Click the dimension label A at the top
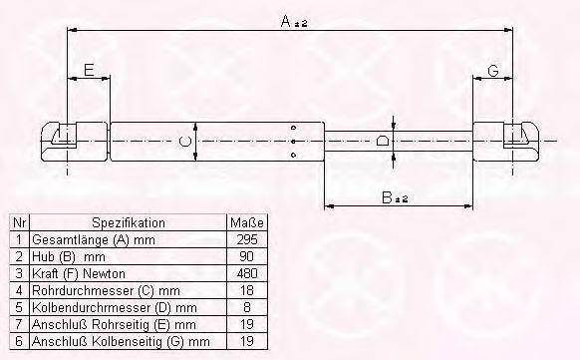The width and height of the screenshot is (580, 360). coord(286,21)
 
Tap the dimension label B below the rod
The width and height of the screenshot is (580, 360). coord(387,197)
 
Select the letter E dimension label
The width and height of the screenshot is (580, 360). coord(89,70)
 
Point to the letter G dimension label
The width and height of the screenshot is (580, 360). coord(493,70)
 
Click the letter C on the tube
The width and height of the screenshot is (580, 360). coord(184,142)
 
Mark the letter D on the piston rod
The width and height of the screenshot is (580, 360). coord(382,141)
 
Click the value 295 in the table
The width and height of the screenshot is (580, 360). coord(247,239)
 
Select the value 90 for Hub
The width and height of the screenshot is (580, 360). coord(247,256)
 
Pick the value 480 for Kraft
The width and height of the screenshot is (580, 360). coord(247,273)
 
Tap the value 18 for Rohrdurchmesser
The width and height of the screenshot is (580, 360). coord(247,290)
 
